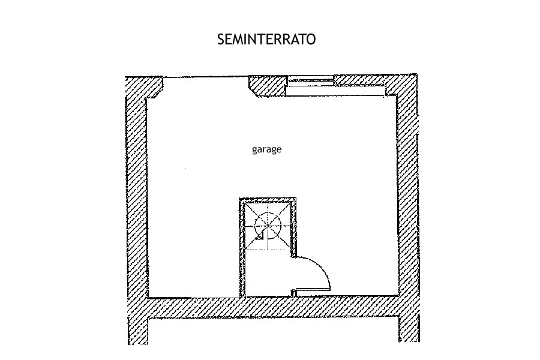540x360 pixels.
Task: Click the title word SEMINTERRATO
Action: (266, 40)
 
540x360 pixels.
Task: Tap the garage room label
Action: (266, 149)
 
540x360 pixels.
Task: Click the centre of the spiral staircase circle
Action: (267, 227)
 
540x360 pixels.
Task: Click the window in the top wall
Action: (310, 80)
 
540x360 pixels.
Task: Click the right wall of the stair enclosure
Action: (292, 228)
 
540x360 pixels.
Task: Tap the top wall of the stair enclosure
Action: (267, 200)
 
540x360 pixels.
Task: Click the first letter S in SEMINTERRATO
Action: (221, 40)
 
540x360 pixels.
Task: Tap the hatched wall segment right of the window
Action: (360, 80)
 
